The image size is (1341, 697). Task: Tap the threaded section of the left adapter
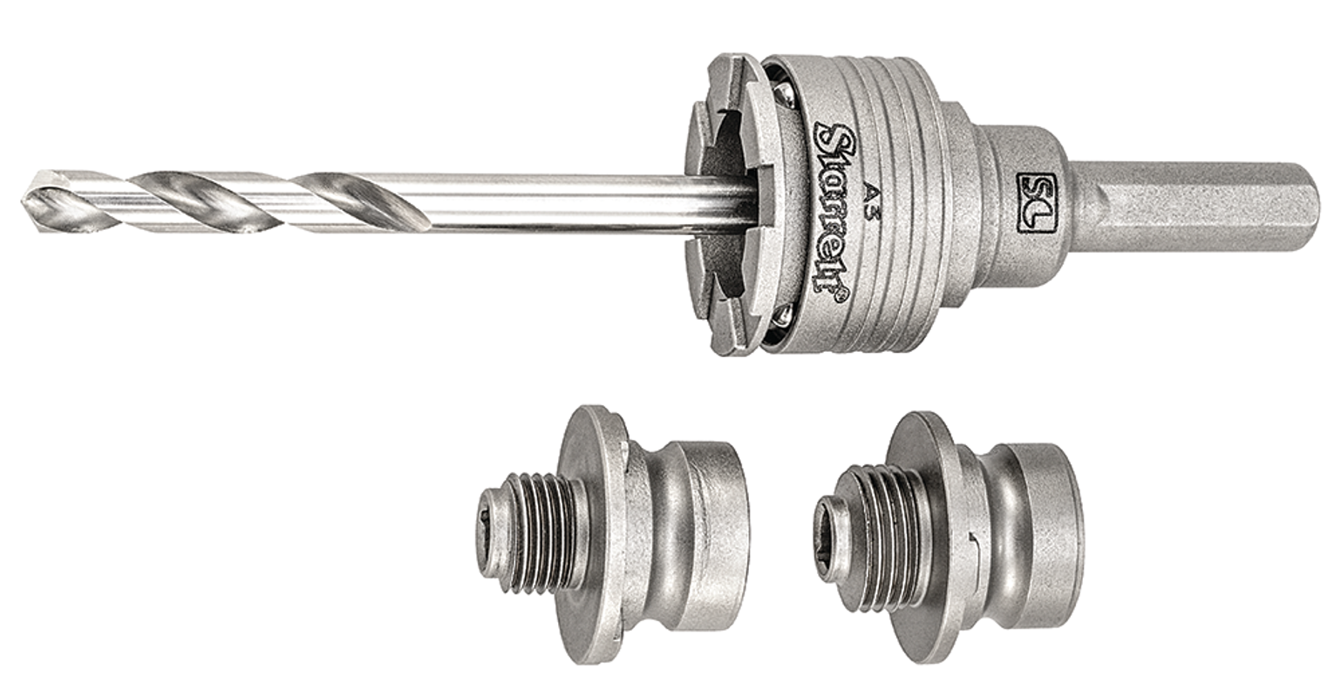pos(541,532)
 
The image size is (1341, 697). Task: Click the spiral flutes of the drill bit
pos(227,200)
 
